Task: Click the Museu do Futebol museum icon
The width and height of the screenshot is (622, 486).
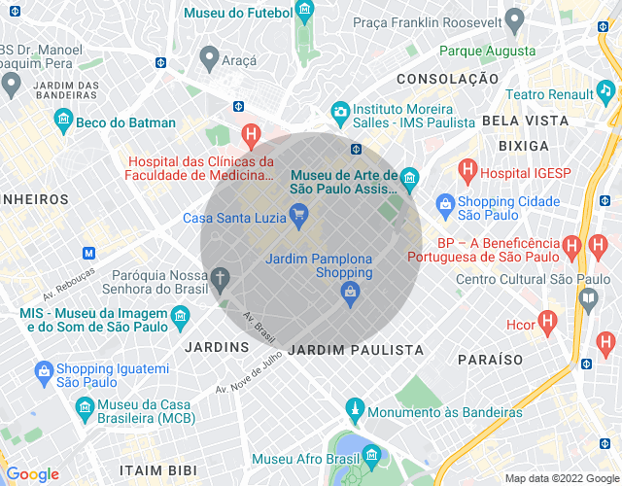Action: click(x=305, y=13)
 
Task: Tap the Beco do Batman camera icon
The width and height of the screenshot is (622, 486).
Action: click(x=64, y=121)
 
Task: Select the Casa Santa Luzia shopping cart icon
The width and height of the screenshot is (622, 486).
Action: click(x=299, y=217)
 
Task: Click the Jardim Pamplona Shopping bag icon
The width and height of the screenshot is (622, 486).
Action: click(x=352, y=291)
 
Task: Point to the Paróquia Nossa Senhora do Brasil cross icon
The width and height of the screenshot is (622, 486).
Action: click(x=221, y=280)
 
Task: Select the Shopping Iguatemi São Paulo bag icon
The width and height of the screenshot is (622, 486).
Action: click(x=43, y=371)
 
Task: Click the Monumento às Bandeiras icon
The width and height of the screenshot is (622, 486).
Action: click(x=356, y=411)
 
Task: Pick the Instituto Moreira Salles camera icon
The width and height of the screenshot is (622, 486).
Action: click(x=339, y=111)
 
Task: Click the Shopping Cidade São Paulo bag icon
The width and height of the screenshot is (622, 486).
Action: click(x=445, y=205)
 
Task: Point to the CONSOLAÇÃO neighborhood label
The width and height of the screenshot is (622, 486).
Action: click(x=440, y=78)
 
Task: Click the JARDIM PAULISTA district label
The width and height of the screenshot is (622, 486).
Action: click(x=357, y=349)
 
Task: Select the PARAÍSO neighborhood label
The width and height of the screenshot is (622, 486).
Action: click(x=491, y=359)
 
